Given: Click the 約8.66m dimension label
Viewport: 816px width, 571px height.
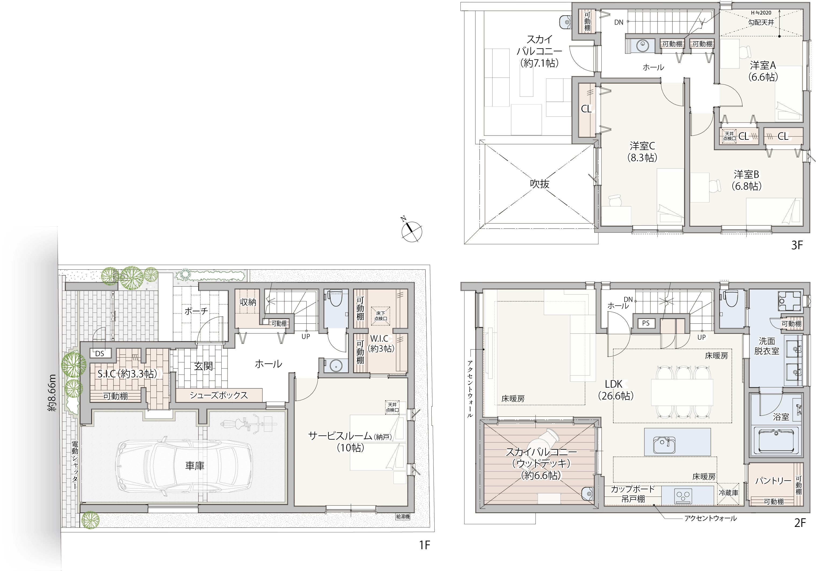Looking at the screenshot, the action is click(x=52, y=392).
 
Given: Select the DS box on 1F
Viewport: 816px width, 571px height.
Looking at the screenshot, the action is click(x=100, y=353).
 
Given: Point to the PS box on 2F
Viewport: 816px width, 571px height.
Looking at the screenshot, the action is click(x=646, y=323).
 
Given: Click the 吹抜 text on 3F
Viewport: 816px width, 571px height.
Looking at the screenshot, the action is click(x=540, y=184).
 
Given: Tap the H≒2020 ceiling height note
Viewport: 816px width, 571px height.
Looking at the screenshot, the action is click(x=761, y=13).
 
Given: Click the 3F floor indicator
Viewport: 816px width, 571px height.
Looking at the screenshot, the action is click(x=797, y=245).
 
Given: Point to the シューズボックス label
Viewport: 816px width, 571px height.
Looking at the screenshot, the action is click(x=219, y=395).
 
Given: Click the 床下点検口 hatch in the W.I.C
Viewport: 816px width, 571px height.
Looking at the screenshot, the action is click(x=381, y=316).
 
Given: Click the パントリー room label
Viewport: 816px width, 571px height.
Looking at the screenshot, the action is click(x=773, y=481).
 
